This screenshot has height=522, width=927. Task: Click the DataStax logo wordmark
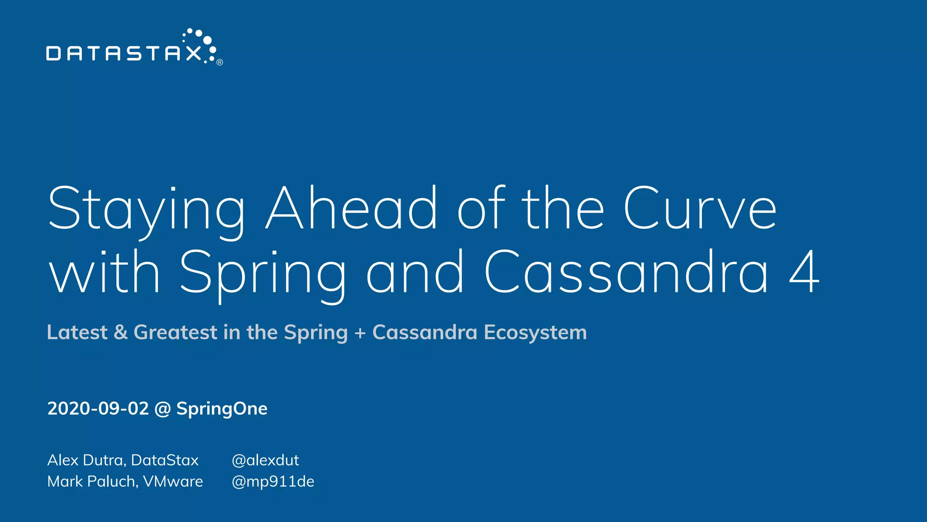(x=123, y=53)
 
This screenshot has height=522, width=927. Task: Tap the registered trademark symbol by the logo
(x=220, y=63)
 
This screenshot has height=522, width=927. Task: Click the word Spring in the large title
(x=263, y=273)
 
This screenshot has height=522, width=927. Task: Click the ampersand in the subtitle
(x=120, y=332)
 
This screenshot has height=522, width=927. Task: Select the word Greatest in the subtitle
(x=176, y=333)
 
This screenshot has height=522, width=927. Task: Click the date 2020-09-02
(x=98, y=409)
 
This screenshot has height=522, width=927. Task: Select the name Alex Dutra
(x=86, y=460)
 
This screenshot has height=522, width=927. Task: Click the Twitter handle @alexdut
(x=265, y=460)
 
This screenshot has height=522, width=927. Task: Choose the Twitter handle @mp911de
(x=272, y=481)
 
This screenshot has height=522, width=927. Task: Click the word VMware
(x=173, y=481)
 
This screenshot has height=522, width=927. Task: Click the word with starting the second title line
(x=105, y=273)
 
